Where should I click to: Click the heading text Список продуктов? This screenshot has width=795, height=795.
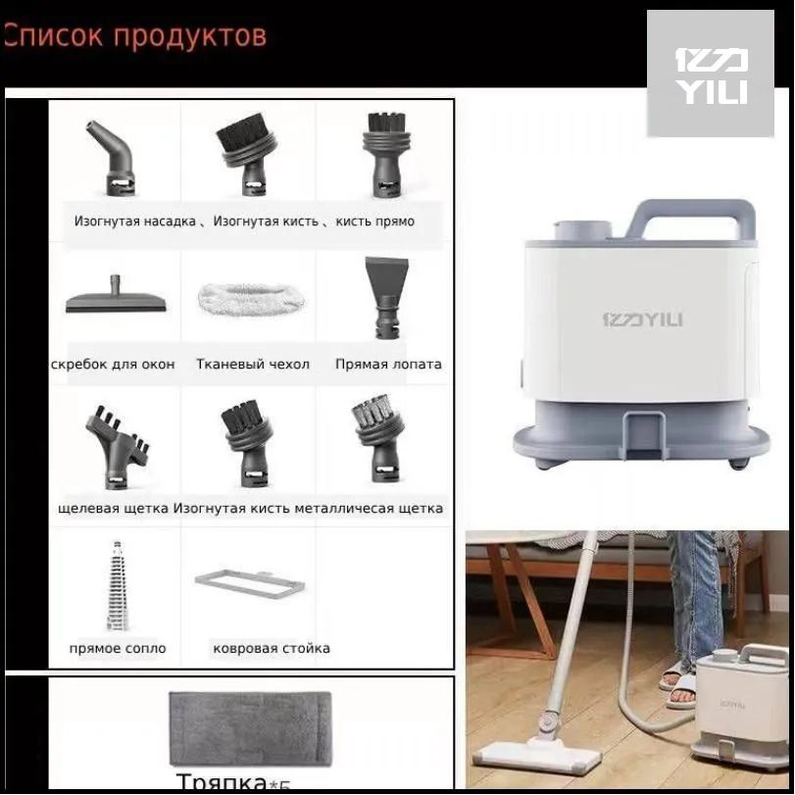tap(135, 36)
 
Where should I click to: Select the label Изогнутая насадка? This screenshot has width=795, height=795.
tap(134, 222)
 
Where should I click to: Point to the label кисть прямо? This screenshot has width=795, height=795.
tap(374, 222)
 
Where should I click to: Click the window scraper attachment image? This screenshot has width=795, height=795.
tap(116, 297)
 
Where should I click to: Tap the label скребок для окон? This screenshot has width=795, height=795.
tap(113, 364)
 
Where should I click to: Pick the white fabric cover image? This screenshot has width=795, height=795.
tap(250, 298)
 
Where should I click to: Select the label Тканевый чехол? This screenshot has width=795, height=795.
tap(252, 364)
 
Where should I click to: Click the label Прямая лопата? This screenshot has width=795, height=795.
tap(388, 364)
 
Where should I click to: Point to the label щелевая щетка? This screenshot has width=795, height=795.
tap(113, 508)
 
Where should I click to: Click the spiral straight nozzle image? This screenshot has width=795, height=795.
tap(117, 585)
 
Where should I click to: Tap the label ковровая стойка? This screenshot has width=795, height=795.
tap(271, 648)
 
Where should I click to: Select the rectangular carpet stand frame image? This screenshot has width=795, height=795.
tap(249, 581)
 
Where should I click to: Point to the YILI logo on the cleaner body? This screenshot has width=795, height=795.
tap(642, 320)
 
